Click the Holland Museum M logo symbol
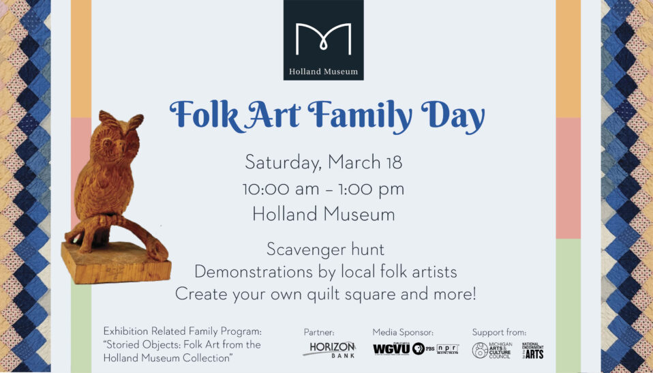[323, 39]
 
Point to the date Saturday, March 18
[324, 163]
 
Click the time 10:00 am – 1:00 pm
[324, 189]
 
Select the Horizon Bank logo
[329, 349]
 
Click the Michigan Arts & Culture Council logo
[491, 350]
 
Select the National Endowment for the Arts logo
[532, 350]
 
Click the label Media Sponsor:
[403, 332]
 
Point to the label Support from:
[499, 332]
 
